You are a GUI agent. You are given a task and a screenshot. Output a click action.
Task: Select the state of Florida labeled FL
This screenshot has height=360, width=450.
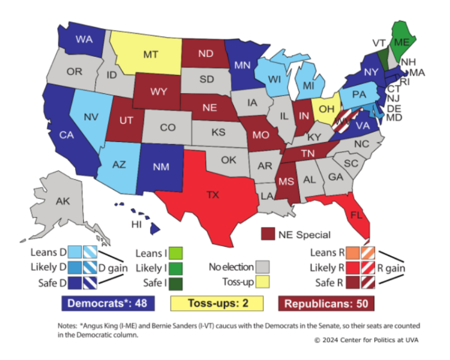(x=356, y=215)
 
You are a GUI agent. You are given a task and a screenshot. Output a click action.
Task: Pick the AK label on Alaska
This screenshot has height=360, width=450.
(x=63, y=201)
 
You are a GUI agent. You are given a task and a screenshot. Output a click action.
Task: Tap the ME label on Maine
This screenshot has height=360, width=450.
(x=401, y=42)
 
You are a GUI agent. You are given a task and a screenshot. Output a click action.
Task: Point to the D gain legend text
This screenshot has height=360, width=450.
(x=109, y=268)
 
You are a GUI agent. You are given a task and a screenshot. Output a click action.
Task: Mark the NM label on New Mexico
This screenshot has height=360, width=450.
(x=161, y=166)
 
